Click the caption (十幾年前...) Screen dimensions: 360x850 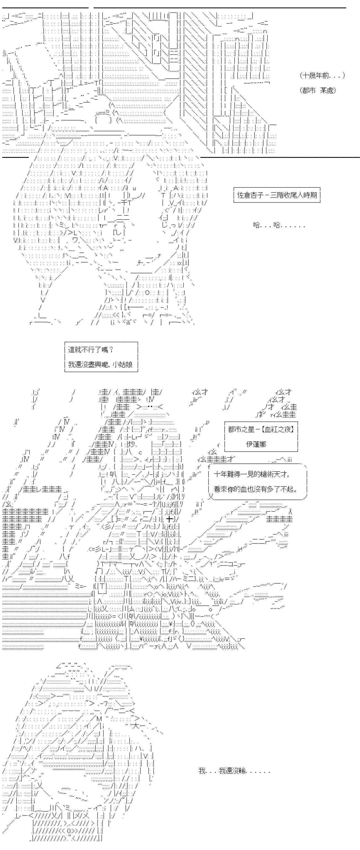click(322, 76)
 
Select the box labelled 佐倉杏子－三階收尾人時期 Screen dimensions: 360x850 click(277, 195)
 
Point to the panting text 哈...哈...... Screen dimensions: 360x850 click(279, 225)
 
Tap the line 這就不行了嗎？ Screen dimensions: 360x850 click(91, 349)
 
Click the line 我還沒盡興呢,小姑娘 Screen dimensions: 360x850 click(100, 364)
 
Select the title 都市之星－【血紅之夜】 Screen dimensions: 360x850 click(261, 429)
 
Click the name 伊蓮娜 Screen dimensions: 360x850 click(256, 444)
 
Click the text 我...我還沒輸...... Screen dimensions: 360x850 click(234, 771)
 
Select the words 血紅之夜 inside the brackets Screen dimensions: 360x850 click(277, 429)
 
